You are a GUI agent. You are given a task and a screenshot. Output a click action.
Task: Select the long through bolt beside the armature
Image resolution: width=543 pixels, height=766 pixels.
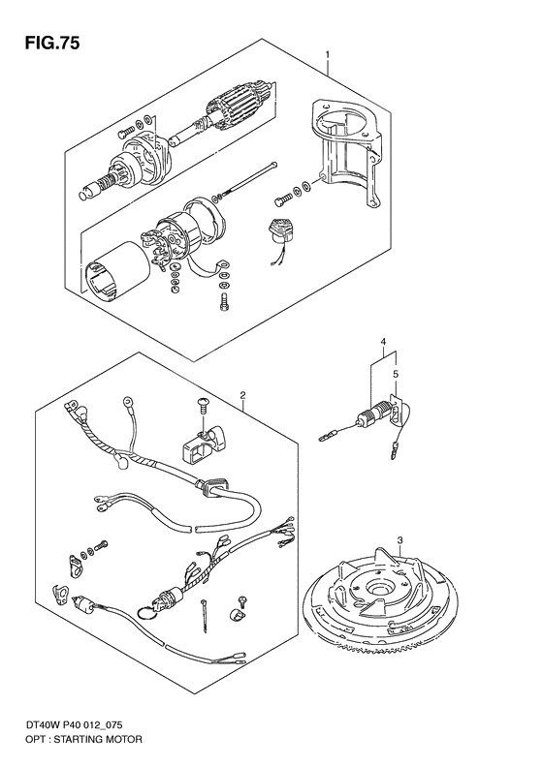point(246,188)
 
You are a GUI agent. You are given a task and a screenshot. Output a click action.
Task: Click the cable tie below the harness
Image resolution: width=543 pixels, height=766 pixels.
point(208,612)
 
